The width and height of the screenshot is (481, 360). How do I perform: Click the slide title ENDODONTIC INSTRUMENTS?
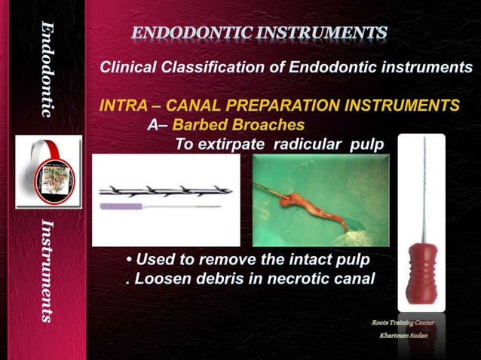(259, 32)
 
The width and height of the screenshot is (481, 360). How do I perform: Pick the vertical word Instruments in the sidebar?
(47, 271)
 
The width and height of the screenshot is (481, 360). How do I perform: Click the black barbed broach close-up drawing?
(161, 191)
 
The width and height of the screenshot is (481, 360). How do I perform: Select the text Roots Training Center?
(403, 323)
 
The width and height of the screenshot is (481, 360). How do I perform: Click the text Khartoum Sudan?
(404, 335)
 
